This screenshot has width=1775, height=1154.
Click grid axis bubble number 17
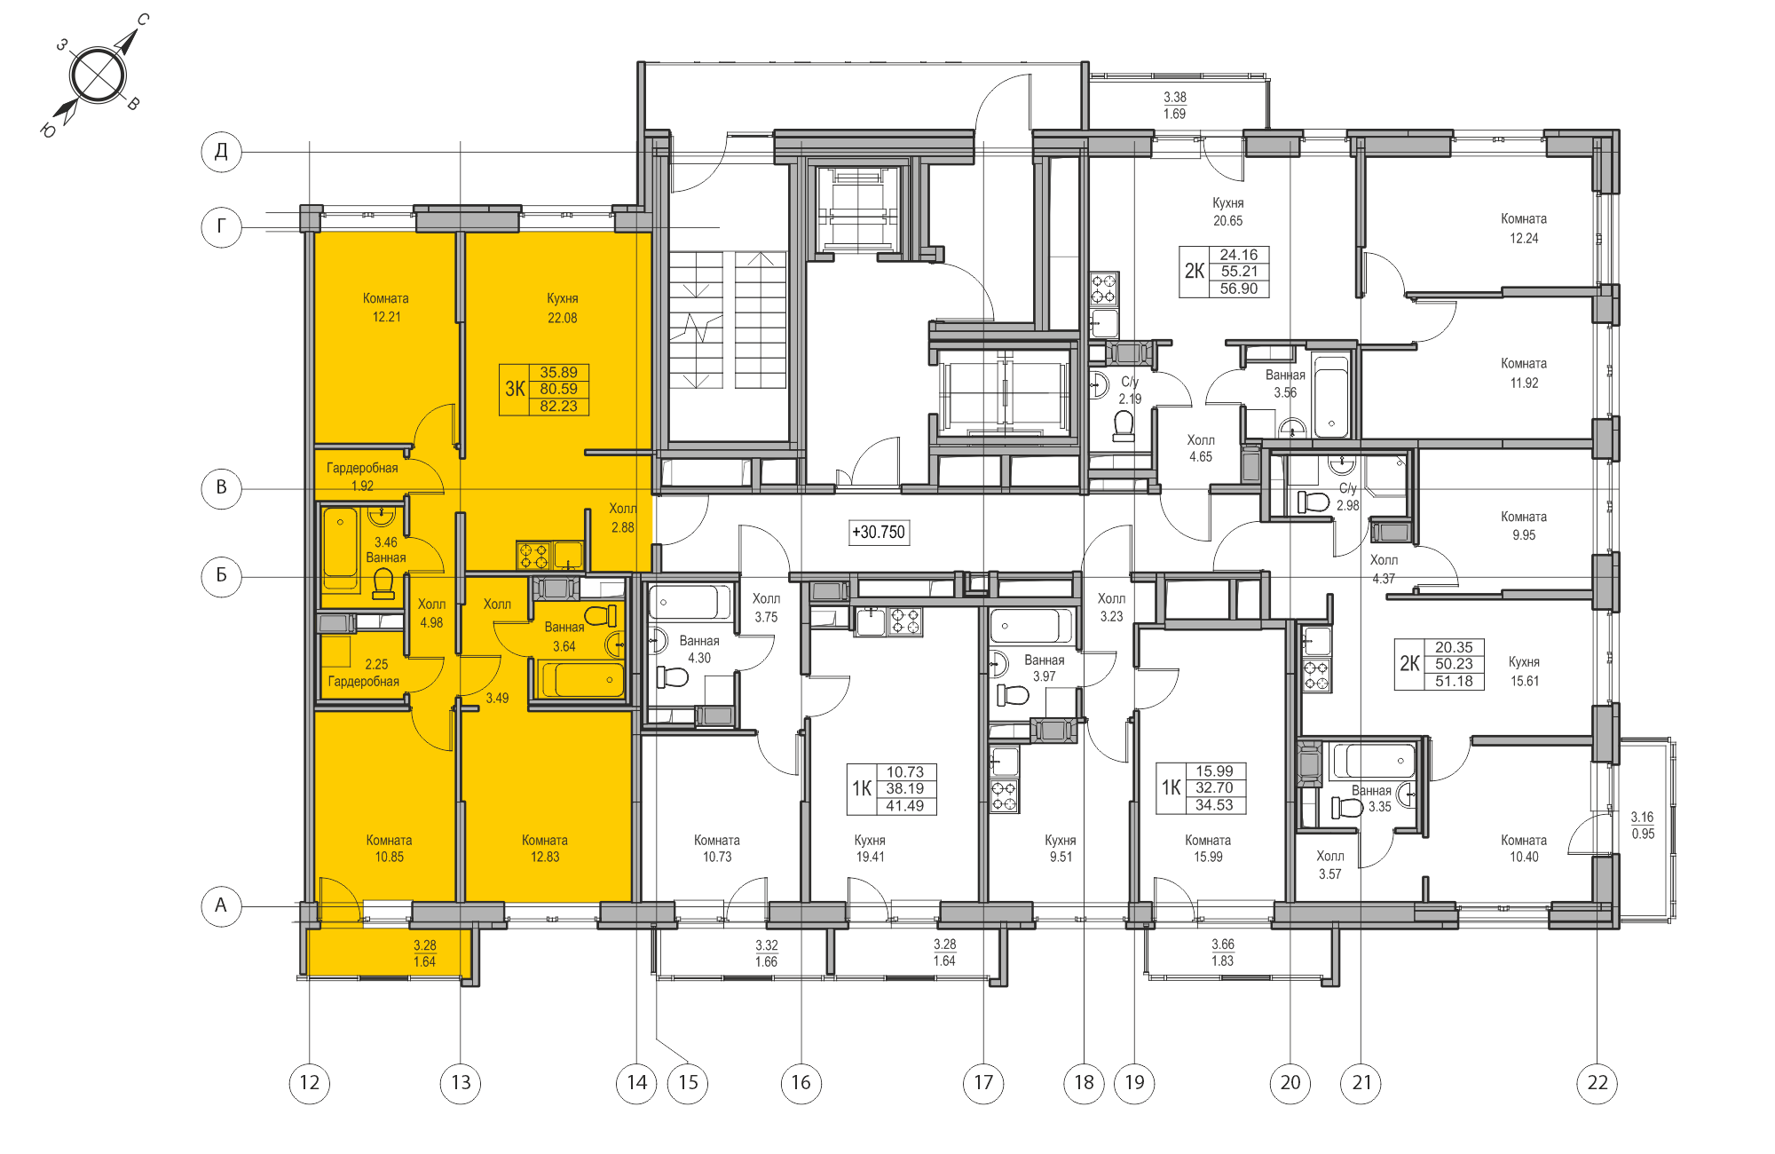coord(983,1082)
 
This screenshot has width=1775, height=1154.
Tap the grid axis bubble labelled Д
coord(221,151)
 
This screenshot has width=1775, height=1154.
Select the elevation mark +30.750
coord(879,533)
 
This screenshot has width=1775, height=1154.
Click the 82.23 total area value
coord(558,407)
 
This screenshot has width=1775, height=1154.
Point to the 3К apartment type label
coord(515,389)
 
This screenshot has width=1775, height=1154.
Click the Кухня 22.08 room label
coord(562,308)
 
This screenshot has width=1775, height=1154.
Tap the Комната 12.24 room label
coord(1523,228)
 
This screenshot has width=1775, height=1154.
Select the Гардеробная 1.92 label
coord(362,477)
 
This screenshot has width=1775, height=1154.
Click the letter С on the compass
coord(143,20)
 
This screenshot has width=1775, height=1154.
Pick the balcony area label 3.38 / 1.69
coord(1174,106)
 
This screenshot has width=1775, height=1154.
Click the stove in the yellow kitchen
coord(533,556)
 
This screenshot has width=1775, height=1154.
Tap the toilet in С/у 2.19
coord(1124,426)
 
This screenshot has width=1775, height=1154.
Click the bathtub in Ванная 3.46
coord(340,546)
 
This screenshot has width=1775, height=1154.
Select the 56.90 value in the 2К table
coord(1238,288)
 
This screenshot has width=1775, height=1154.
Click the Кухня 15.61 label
coord(1524,671)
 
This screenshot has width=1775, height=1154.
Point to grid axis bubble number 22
coord(1597,1082)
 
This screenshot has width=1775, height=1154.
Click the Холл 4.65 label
coord(1200,448)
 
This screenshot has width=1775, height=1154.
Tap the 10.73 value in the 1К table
coord(904,772)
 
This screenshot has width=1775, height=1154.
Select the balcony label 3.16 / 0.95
coord(1642,825)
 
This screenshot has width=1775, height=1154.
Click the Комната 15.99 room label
coord(1207,848)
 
